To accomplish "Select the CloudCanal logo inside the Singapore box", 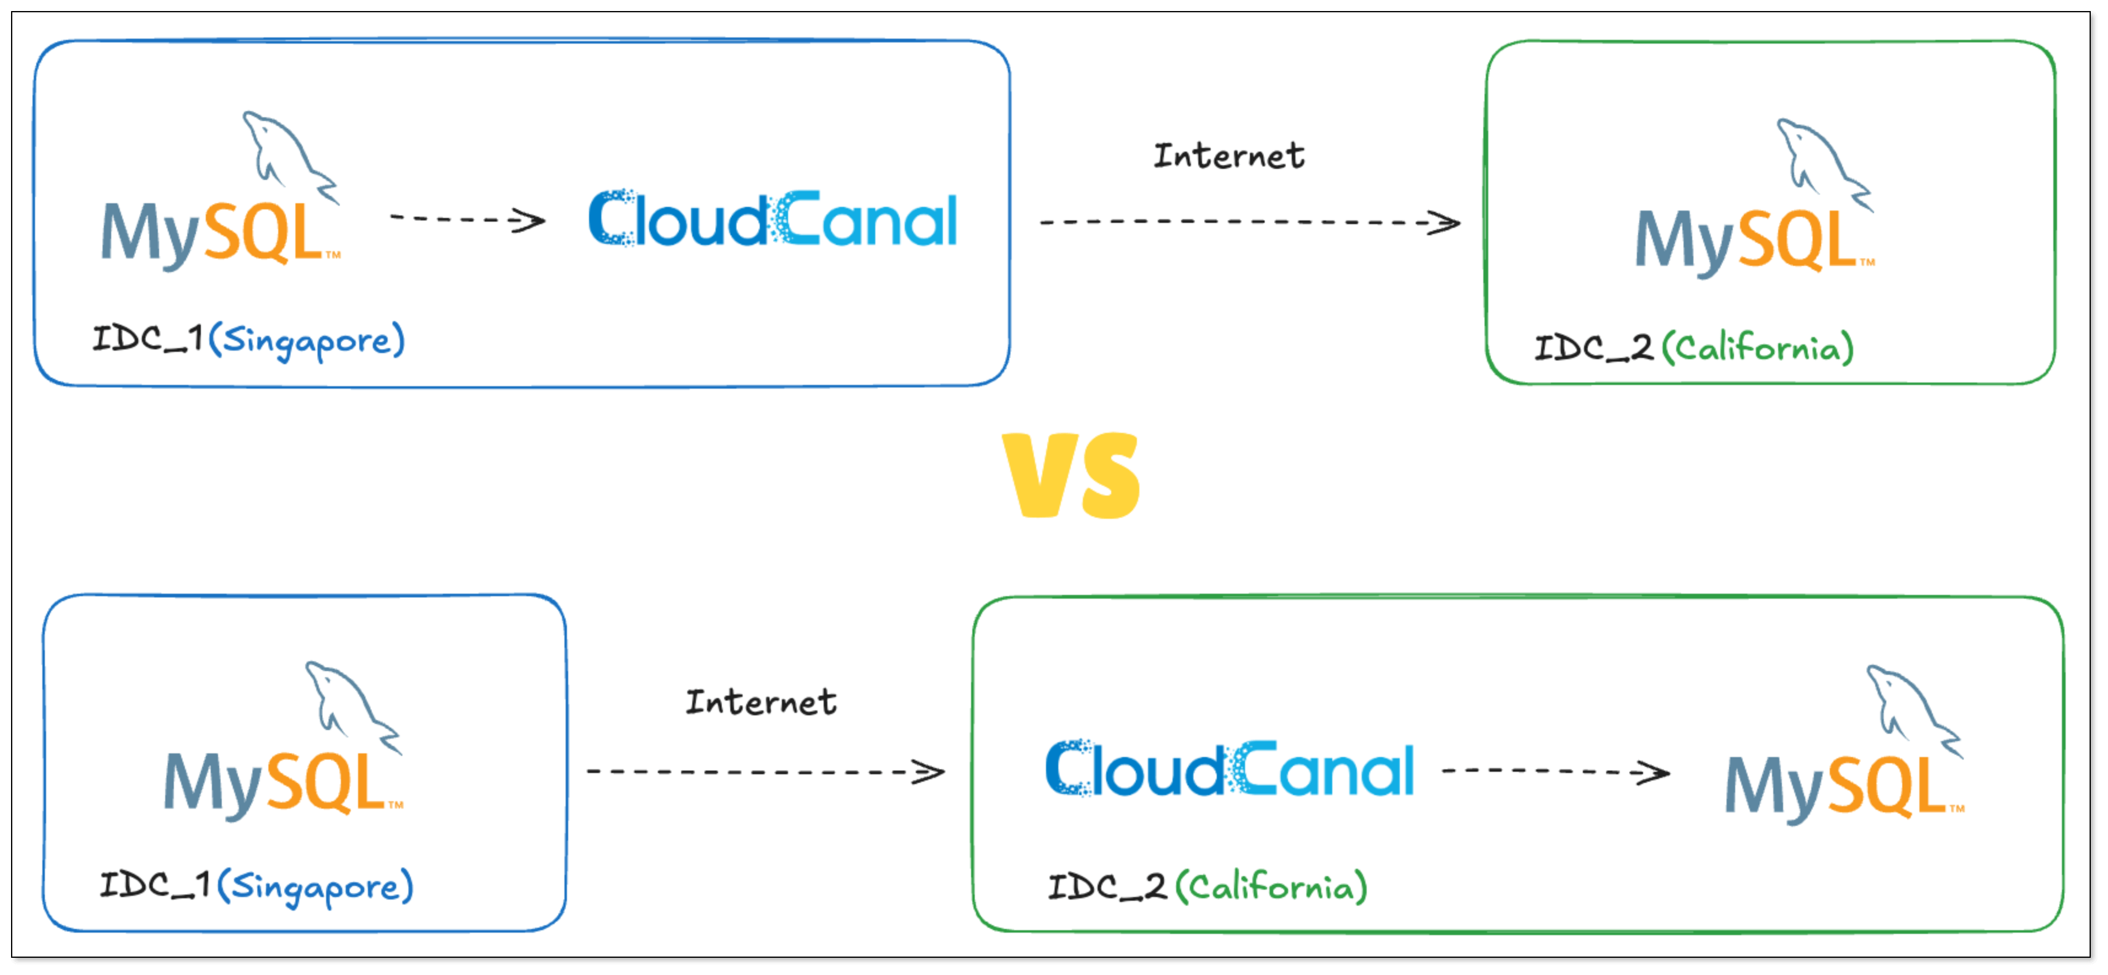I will (x=773, y=219).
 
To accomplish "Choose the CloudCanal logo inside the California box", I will (x=1230, y=769).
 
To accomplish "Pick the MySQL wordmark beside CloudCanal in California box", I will (x=1843, y=787).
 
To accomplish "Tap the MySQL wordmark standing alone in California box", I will (x=1754, y=241).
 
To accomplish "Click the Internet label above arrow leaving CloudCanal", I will (x=1228, y=156).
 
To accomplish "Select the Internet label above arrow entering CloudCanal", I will (x=761, y=702).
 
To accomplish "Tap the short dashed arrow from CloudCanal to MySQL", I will (x=1555, y=771).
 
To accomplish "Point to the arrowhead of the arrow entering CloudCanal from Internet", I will (x=929, y=771).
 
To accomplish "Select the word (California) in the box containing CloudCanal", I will (x=1271, y=887).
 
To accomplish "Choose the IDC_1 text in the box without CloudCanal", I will (x=155, y=884).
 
